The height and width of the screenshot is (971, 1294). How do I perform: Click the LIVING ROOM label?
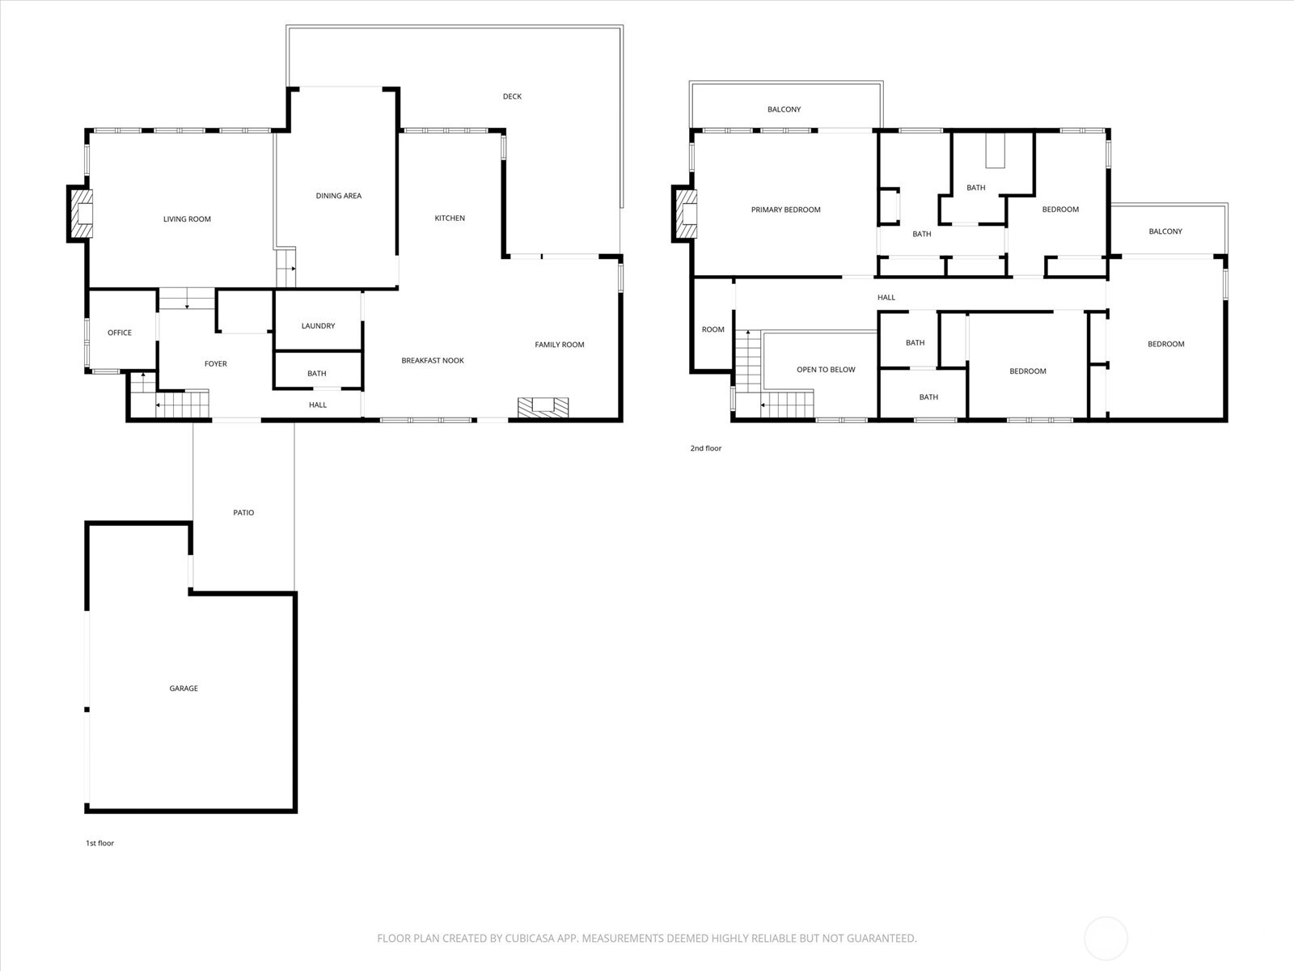[187, 219]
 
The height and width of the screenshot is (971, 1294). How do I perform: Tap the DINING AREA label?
[338, 196]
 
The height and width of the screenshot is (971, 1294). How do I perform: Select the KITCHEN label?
[450, 218]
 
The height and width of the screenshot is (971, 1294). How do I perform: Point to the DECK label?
[512, 96]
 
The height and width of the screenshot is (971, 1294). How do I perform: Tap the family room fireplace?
[543, 407]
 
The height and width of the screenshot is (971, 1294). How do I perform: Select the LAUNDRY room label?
[318, 326]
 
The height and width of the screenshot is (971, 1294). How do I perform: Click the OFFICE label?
[120, 333]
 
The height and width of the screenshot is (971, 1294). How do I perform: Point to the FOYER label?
[216, 364]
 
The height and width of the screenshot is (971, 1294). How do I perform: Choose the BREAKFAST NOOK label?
[433, 361]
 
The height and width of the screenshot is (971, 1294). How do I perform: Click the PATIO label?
[243, 513]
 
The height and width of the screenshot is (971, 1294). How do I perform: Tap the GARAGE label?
[184, 689]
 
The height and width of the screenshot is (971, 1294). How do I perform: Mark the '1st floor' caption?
[100, 843]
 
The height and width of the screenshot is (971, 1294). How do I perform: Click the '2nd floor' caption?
[706, 448]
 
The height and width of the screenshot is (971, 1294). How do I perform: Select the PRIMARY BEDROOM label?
[786, 210]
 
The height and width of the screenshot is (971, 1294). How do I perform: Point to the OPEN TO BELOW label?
[826, 370]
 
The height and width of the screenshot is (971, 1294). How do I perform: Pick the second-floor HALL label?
[886, 298]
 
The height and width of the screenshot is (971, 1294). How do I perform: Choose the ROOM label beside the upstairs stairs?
[713, 329]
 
